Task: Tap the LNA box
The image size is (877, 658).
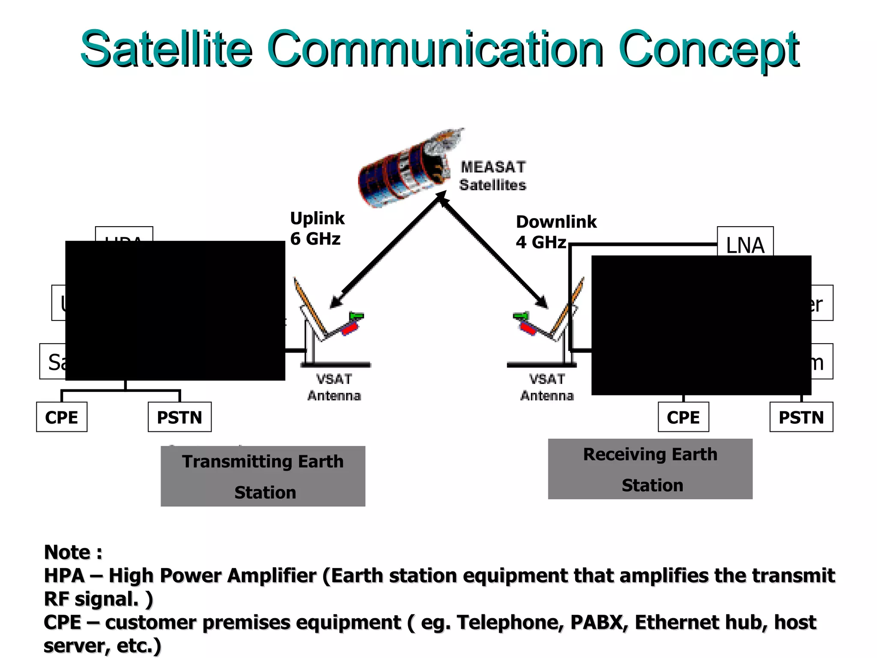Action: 745,242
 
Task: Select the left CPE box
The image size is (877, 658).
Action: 62,417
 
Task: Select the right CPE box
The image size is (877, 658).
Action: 683,417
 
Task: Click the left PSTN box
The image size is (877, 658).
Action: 179,417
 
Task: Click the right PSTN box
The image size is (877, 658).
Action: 801,417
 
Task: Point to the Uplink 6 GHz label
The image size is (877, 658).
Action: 317,228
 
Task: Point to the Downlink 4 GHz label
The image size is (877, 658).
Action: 555,232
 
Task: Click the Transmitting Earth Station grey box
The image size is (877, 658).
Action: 263,476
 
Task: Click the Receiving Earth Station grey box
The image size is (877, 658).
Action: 650,469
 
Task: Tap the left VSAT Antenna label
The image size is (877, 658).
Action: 334,387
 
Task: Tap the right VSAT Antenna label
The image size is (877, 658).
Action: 547,387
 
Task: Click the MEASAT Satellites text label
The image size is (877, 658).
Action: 492,176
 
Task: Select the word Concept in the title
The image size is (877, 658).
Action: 709,49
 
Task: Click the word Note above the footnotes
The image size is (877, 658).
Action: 67,552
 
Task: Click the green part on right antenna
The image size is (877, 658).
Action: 521,316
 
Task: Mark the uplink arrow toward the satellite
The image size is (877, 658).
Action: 390,248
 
